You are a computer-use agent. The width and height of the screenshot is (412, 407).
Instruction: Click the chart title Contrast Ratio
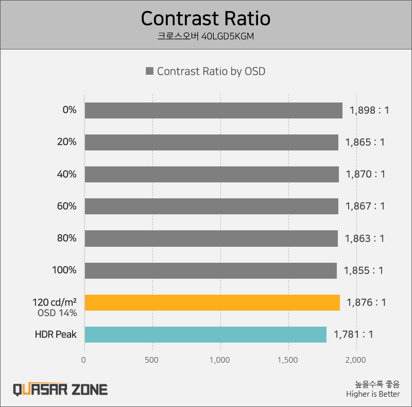205,19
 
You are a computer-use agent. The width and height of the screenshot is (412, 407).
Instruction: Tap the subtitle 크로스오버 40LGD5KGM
205,37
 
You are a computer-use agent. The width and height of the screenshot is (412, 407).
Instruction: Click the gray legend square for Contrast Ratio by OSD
150,72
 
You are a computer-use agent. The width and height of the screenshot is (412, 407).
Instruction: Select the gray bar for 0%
213,110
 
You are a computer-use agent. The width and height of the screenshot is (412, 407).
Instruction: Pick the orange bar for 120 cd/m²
212,302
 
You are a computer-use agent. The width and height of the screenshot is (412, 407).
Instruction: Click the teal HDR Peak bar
205,334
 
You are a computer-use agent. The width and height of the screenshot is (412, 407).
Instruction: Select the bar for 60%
211,206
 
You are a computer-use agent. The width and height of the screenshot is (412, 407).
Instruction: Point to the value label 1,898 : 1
369,110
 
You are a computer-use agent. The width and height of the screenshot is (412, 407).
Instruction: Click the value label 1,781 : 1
353,334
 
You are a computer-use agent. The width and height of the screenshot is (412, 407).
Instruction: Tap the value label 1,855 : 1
364,270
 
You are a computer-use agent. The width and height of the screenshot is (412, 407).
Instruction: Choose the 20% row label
67,142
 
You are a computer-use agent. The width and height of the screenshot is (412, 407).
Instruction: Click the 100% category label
64,270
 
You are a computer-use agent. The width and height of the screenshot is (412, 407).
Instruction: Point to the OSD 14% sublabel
57,313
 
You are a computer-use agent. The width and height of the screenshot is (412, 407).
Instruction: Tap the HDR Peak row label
56,334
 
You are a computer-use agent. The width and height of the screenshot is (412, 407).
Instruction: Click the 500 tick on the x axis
152,359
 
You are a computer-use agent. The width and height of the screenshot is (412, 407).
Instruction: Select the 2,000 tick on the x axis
356,359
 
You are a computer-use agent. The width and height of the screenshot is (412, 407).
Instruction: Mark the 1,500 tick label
288,359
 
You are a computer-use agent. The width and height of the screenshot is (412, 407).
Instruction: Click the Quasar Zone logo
60,389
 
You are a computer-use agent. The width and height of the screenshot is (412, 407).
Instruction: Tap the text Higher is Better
373,395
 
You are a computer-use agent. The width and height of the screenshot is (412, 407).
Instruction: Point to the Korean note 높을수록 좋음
377,384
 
